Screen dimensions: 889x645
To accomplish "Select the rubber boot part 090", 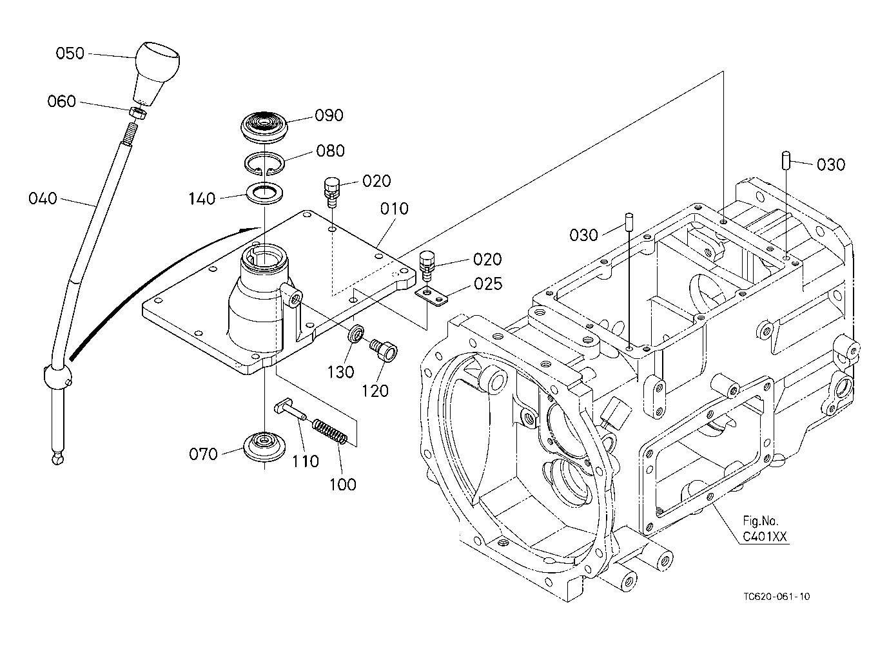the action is (264, 128).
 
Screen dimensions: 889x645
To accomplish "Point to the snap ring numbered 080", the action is (264, 163).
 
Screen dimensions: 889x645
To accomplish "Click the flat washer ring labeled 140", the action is (264, 194).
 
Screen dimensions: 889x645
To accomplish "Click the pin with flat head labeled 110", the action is (289, 410).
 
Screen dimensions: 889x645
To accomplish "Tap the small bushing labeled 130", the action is (356, 334).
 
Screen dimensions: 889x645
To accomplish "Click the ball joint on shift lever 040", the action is (58, 377).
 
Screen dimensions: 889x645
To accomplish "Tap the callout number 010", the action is (394, 209).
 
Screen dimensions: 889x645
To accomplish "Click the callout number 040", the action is (43, 198).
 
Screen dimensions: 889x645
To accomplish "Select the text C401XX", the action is (765, 537).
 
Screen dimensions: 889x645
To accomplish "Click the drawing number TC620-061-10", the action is (777, 597).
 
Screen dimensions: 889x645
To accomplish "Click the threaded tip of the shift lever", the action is (131, 132).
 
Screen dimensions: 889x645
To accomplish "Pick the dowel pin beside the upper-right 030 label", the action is (786, 160).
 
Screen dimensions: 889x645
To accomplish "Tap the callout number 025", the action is (488, 284).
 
